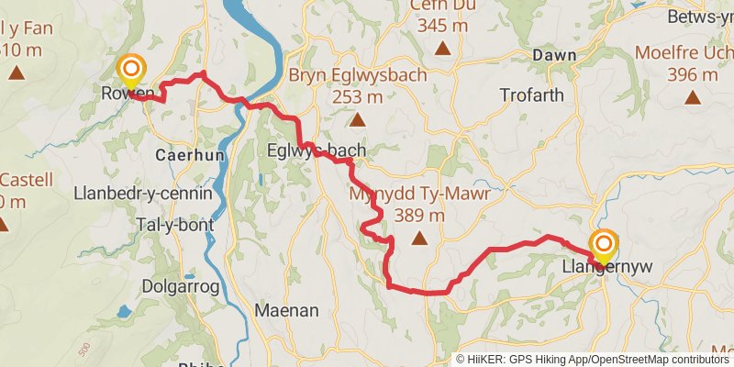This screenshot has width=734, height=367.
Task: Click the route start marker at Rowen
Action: click(131, 70)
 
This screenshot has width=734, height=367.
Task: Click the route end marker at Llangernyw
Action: click(604, 247)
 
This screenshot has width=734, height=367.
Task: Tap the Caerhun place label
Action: click(190, 155)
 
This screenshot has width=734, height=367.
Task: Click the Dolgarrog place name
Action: click(180, 287)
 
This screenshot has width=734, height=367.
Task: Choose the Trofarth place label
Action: click(534, 95)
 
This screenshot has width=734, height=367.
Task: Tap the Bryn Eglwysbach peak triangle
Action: click(357, 120)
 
